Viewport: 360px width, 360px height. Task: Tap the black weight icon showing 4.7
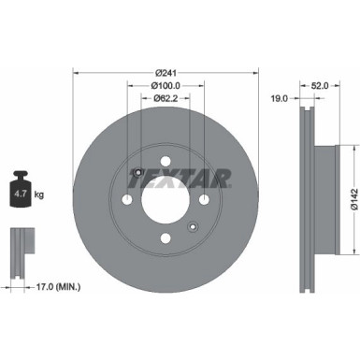point(22,193)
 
